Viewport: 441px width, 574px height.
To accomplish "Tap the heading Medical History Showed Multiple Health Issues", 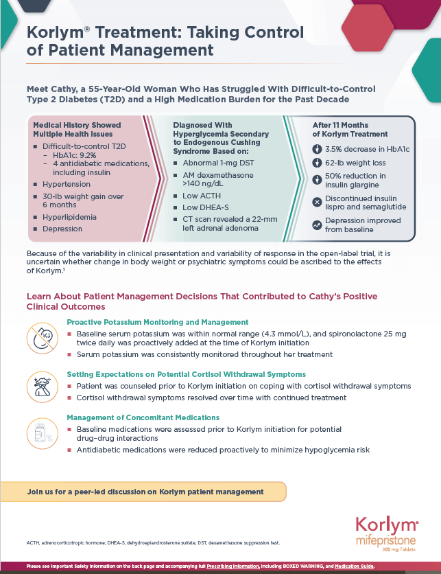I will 77,130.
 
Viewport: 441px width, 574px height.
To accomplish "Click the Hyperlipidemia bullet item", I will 69,217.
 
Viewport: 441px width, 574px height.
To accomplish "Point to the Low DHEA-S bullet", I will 205,207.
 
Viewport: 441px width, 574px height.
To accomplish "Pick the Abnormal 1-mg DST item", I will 219,163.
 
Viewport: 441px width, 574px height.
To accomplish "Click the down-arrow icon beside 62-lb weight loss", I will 317,163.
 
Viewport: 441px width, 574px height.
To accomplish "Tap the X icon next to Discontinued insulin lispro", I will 317,200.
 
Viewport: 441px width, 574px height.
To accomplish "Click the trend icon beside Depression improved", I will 317,225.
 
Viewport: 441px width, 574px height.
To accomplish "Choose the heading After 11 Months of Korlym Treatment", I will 350,130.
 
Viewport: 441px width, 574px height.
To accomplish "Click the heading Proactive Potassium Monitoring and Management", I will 157,322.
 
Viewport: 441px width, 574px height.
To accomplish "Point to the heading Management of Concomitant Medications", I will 143,417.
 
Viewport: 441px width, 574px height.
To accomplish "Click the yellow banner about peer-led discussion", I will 144,492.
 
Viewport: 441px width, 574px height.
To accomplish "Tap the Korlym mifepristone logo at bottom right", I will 386,533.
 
